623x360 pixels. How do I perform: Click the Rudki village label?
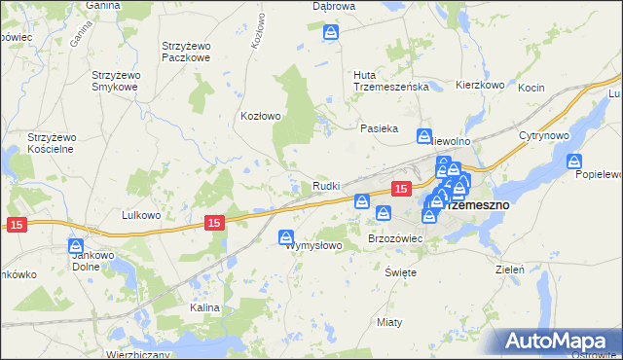click(325, 186)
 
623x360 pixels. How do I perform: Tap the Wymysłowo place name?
click(313, 246)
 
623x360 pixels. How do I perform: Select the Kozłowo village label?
click(261, 116)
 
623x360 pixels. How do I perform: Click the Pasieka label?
click(380, 128)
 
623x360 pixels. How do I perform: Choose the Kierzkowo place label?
click(480, 86)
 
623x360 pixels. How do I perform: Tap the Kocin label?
click(558, 88)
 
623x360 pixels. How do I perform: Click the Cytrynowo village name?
click(543, 134)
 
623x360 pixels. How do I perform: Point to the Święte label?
click(400, 272)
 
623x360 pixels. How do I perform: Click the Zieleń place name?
click(510, 269)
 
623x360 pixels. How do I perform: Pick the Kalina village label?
click(205, 307)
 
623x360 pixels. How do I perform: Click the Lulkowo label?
click(140, 215)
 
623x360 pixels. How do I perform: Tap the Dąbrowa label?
click(332, 6)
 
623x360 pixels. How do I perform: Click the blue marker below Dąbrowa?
click(331, 33)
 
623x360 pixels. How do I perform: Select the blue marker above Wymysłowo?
click(287, 236)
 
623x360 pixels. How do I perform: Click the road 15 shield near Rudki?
click(399, 187)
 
